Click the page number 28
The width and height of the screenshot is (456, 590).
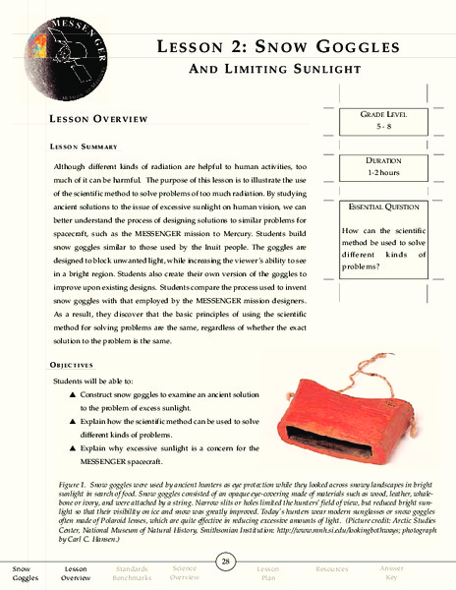227,560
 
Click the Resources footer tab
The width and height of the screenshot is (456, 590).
331,569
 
